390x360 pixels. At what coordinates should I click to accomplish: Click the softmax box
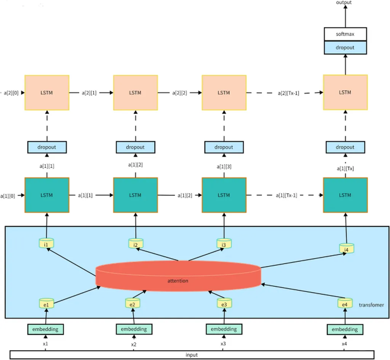[x=345, y=34]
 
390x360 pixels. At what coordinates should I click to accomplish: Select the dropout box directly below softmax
[x=345, y=48]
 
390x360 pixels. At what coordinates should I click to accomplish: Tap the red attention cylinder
[x=178, y=276]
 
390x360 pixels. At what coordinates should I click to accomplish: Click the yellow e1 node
[x=46, y=303]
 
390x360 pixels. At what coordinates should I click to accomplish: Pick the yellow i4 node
[x=347, y=248]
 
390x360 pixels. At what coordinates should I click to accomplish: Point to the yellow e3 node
[x=224, y=303]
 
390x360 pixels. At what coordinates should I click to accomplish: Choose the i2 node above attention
[x=136, y=244]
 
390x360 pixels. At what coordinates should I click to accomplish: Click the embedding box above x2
[x=134, y=329]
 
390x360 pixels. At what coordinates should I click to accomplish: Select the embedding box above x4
[x=345, y=330]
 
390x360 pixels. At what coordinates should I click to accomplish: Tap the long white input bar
[x=192, y=355]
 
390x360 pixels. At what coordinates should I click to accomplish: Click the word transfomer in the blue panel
[x=371, y=305]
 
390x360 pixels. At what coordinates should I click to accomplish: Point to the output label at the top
[x=344, y=3]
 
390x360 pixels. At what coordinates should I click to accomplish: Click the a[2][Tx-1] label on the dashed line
[x=289, y=93]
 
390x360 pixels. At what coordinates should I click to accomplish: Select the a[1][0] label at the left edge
[x=8, y=196]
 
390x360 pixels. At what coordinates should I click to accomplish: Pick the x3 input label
[x=223, y=344]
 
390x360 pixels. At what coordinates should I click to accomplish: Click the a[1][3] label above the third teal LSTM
[x=224, y=166]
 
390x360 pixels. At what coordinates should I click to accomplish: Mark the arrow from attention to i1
[x=71, y=262]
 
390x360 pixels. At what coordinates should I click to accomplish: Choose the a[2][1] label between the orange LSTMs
[x=89, y=93]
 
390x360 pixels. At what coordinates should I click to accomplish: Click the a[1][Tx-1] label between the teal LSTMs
[x=286, y=195]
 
